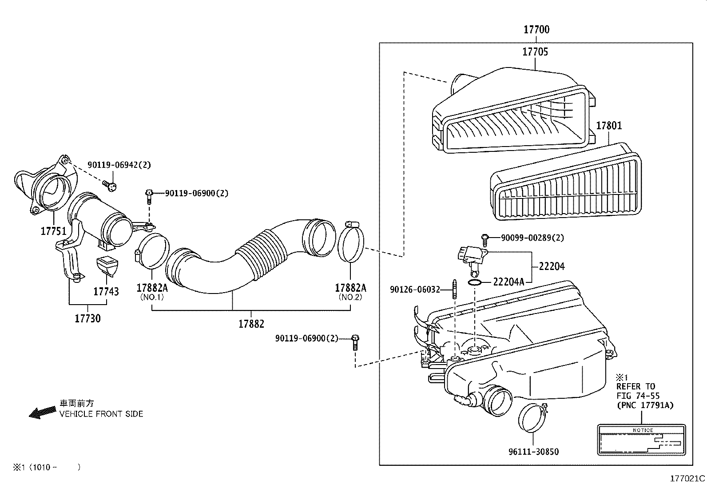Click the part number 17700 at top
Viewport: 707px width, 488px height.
click(x=536, y=30)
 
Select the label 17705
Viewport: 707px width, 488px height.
click(x=535, y=52)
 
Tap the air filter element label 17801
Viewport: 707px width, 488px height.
click(x=608, y=126)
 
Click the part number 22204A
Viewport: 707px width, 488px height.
click(x=509, y=282)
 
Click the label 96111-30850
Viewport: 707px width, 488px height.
click(x=533, y=452)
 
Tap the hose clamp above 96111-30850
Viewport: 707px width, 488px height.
click(x=533, y=417)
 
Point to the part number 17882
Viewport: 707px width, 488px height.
click(x=251, y=324)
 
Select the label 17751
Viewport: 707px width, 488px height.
click(x=53, y=231)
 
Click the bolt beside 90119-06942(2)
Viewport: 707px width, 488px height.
click(x=110, y=185)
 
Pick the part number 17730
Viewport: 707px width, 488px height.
click(x=87, y=318)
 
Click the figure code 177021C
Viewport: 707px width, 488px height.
click(x=687, y=479)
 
